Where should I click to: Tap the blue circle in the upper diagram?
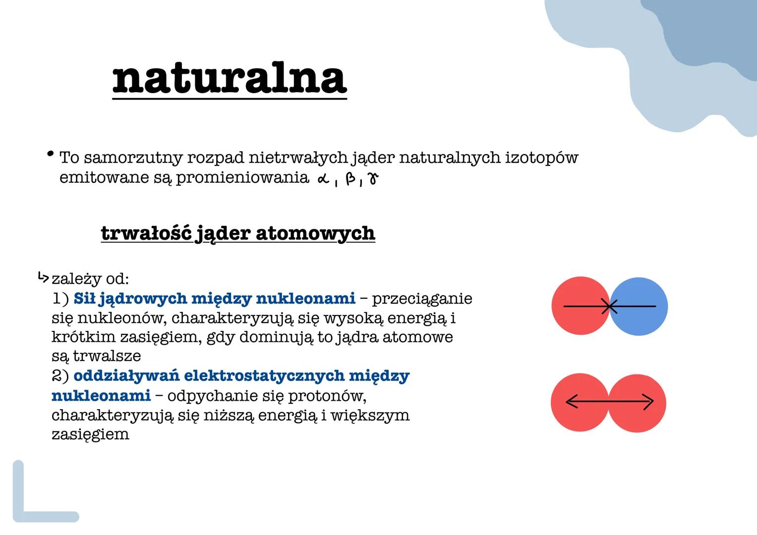tap(642, 306)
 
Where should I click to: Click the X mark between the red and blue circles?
tap(610, 307)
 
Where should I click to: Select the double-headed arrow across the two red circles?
tap(609, 402)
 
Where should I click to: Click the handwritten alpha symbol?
tap(323, 179)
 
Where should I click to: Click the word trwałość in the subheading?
tap(146, 233)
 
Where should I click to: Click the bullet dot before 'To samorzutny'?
tap(50, 155)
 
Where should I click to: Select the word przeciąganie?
tap(422, 299)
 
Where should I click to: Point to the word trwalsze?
tap(107, 356)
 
